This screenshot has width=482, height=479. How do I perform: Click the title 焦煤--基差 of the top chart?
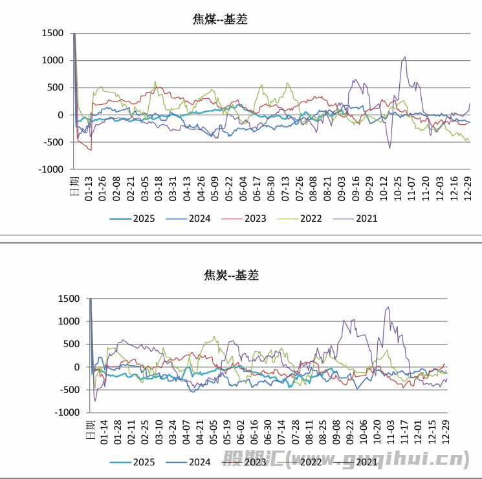[220, 19]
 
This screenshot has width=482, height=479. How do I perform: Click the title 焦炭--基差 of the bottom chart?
[231, 275]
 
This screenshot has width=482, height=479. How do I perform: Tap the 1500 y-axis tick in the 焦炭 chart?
[68, 299]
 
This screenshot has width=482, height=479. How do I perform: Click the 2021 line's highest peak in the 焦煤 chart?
[405, 57]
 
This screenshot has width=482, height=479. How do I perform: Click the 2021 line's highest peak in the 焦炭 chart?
[388, 307]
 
